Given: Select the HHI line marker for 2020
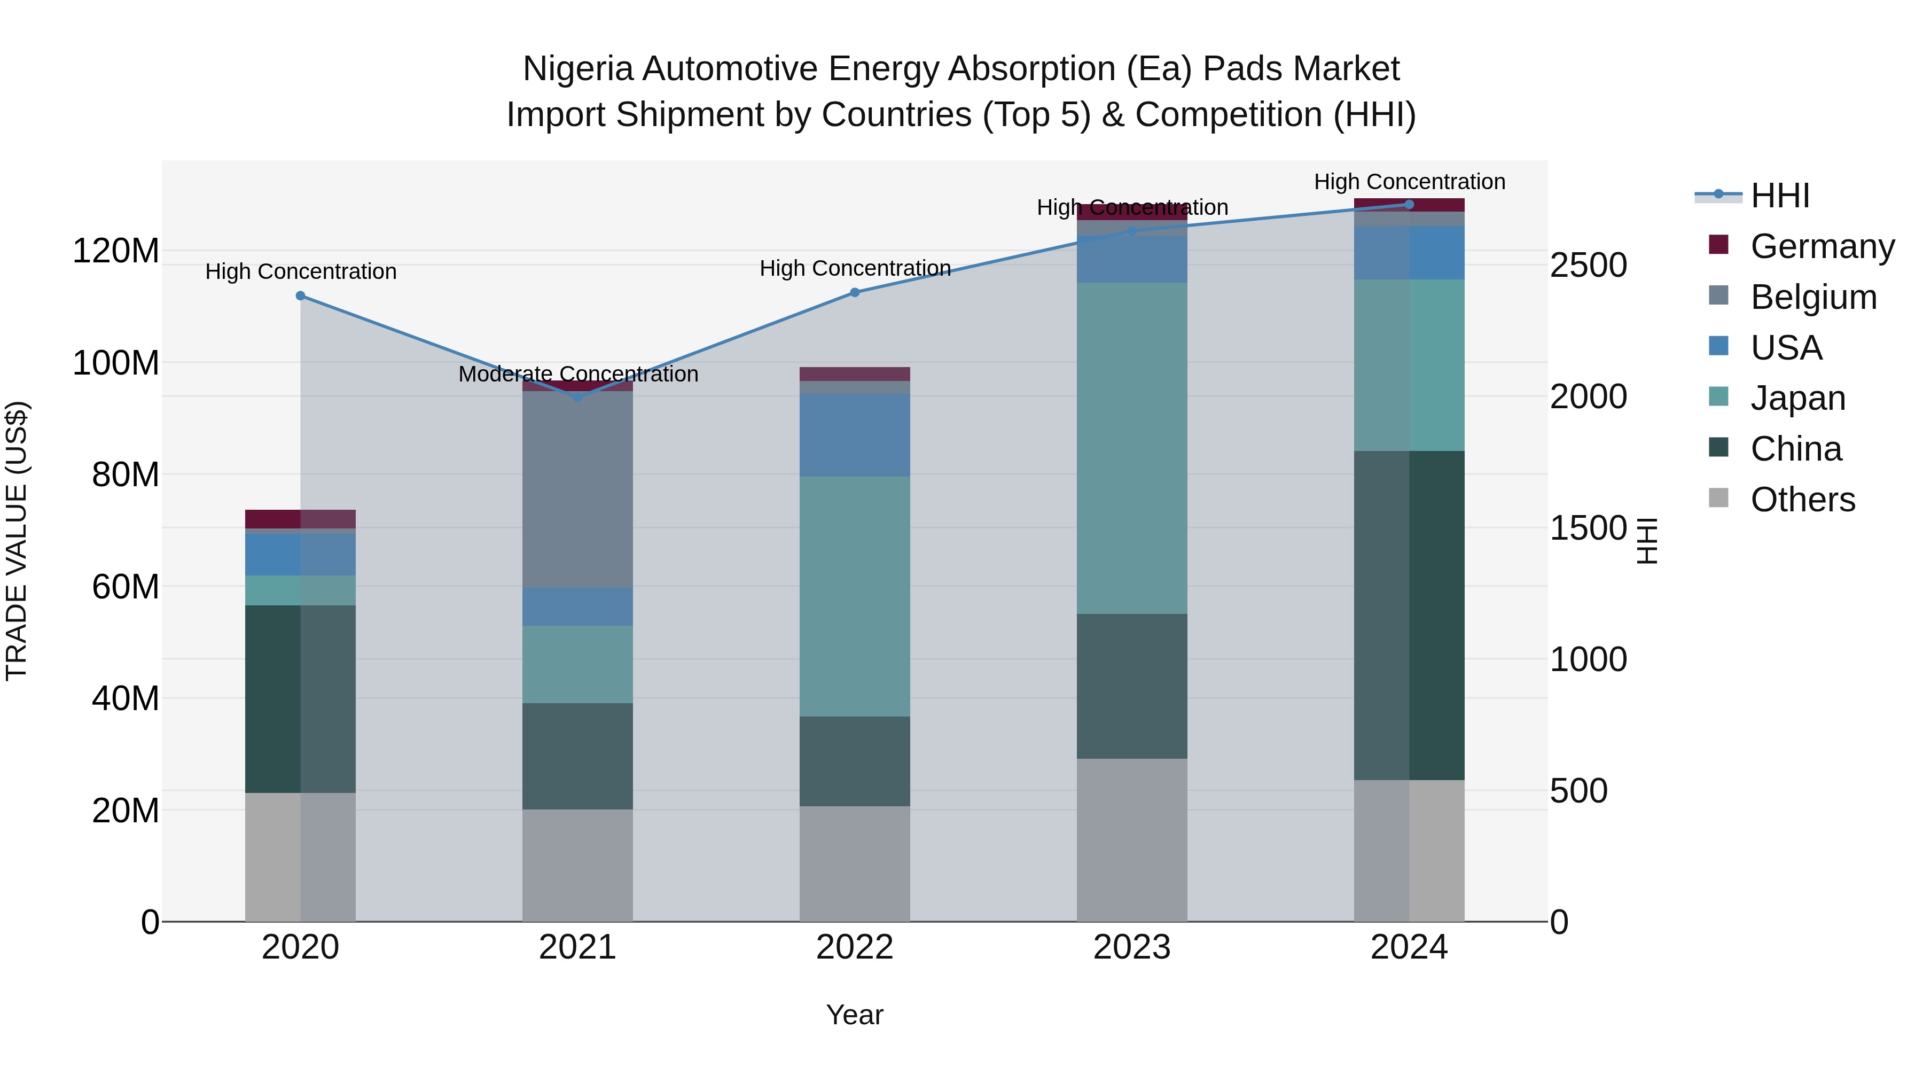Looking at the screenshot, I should click(300, 295).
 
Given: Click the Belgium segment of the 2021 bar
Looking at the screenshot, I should click(578, 489).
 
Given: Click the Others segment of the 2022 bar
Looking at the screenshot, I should click(855, 863).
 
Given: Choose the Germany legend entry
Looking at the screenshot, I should click(1822, 246).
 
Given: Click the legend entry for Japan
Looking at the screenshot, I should click(1797, 398).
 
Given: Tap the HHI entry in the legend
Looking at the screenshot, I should click(1780, 196).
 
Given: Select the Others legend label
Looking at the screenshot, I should click(1802, 500).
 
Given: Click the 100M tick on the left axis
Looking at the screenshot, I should click(116, 363).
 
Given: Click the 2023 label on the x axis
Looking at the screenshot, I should click(1132, 947).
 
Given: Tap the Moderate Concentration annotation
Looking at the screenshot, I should click(578, 374).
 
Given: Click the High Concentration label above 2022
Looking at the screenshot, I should click(855, 268).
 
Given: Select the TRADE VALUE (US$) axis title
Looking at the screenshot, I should click(17, 541).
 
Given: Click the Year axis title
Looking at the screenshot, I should click(854, 1015).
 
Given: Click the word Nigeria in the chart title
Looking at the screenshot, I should click(578, 69).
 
